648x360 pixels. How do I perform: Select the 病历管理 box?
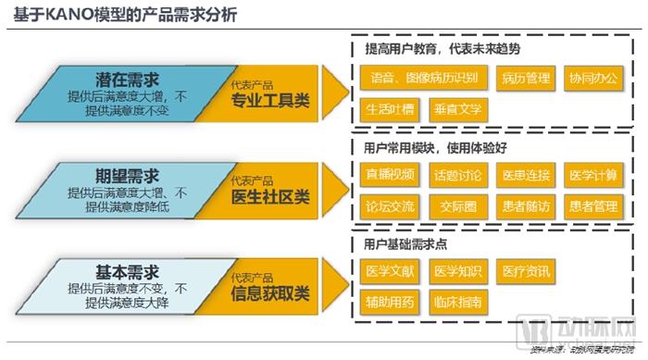pos(526,78)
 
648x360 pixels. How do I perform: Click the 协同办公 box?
pos(593,78)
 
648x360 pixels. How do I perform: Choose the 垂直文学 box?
pos(456,108)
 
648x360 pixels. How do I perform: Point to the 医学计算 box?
pos(593,175)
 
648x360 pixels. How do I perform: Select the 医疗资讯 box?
pos(524,271)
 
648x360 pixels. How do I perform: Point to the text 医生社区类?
pos(271,197)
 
